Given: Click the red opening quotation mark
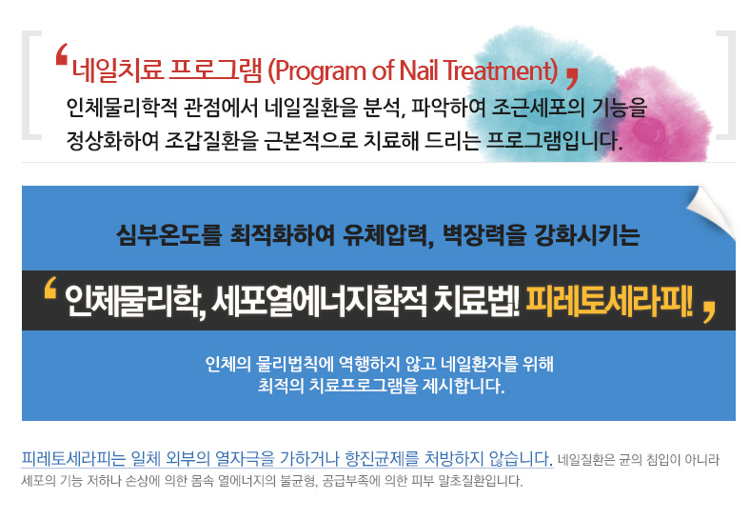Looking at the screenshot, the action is pyautogui.click(x=62, y=54).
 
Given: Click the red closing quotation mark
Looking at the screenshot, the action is pyautogui.click(x=572, y=78).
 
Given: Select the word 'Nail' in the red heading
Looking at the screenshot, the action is pyautogui.click(x=419, y=70).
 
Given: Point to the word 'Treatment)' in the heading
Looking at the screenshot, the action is pyautogui.click(x=501, y=70).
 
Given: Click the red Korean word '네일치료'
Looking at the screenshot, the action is pyautogui.click(x=118, y=70).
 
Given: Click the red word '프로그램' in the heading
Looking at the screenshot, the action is pyautogui.click(x=216, y=70).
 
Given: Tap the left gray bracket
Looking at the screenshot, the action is pyautogui.click(x=31, y=85).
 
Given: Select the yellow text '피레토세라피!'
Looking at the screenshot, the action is pyautogui.click(x=609, y=301).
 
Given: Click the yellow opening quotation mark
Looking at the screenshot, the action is pyautogui.click(x=50, y=288).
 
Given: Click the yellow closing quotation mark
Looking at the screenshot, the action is pyautogui.click(x=709, y=311).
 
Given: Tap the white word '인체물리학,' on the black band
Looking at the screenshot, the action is pyautogui.click(x=135, y=302).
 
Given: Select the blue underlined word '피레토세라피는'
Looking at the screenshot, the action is pyautogui.click(x=73, y=459).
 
